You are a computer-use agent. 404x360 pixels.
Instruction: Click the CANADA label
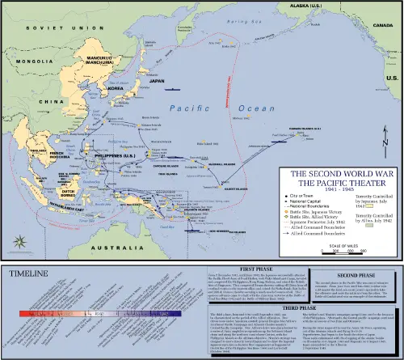(x=377, y=25)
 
